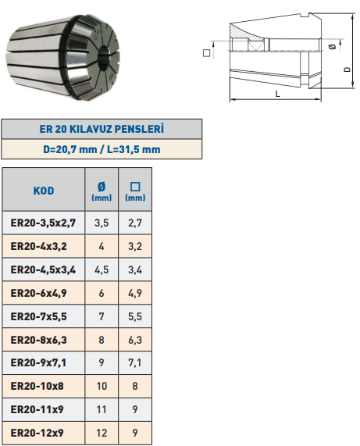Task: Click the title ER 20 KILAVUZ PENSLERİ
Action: [102, 129]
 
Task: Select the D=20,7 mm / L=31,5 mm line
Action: [102, 149]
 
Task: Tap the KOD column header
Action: [44, 191]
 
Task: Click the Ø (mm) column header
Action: [102, 191]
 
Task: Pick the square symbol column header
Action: [135, 191]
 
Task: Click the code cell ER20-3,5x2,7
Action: [43, 223]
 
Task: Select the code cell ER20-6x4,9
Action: [39, 293]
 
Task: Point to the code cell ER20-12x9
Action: [37, 433]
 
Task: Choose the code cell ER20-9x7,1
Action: [38, 362]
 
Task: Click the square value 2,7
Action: [135, 223]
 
